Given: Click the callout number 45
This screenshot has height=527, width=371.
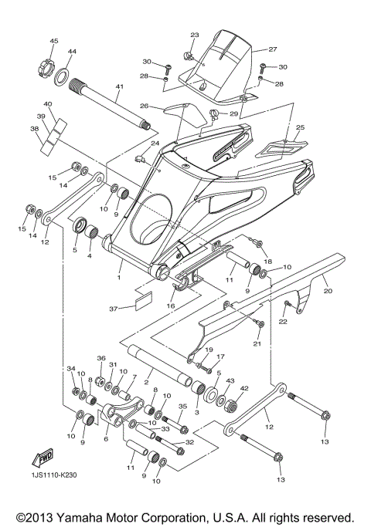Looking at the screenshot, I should (54, 40).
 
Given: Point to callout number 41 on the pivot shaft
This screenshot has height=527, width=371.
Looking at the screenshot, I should (120, 87).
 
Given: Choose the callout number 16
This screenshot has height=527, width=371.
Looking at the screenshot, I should (169, 306).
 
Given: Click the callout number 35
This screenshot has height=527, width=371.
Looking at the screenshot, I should (183, 407).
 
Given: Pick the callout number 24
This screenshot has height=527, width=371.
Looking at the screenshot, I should (155, 144).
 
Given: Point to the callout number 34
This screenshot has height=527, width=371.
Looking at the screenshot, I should (70, 369).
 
